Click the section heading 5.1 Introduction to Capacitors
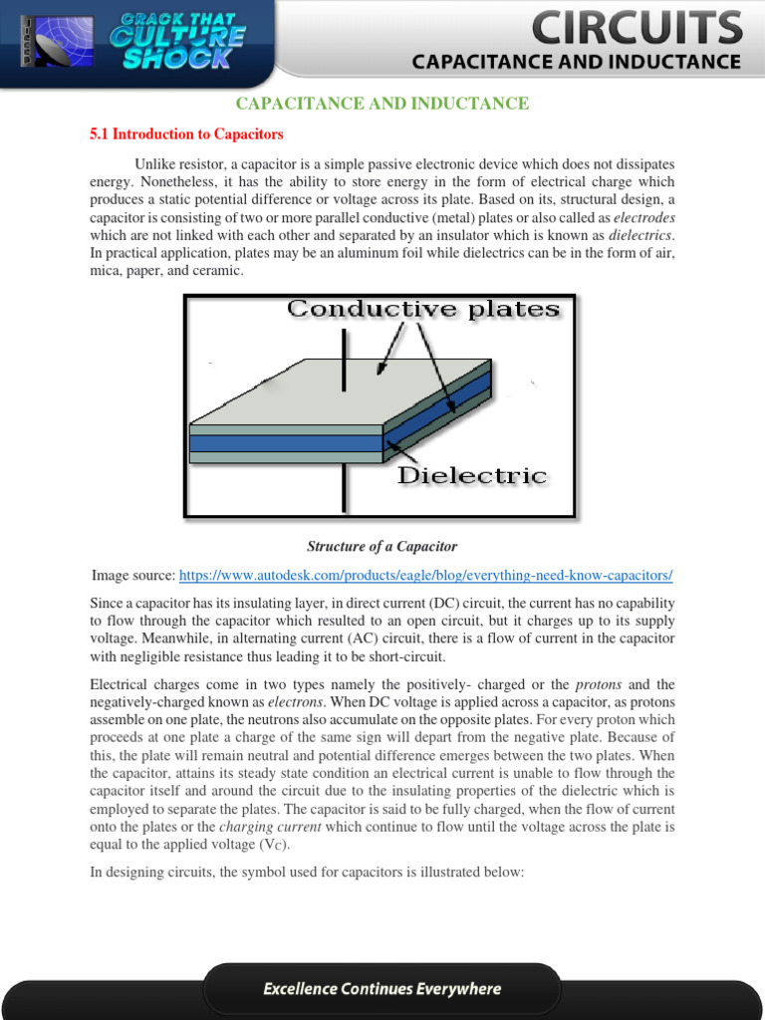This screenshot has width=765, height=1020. click(186, 133)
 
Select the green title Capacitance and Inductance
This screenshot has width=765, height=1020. click(382, 104)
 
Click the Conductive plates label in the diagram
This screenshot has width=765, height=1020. click(423, 310)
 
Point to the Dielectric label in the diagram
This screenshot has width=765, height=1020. click(472, 475)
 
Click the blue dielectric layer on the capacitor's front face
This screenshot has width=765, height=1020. click(286, 443)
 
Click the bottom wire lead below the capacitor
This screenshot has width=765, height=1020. click(345, 488)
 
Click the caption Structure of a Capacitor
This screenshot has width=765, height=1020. click(382, 546)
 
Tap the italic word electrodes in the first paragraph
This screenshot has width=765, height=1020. click(643, 217)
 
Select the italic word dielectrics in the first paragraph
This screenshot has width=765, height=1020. click(640, 235)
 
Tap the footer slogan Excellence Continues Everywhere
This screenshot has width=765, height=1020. click(382, 989)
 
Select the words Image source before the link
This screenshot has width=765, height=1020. click(133, 576)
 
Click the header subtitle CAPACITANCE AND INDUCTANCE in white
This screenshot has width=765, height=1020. click(577, 62)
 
